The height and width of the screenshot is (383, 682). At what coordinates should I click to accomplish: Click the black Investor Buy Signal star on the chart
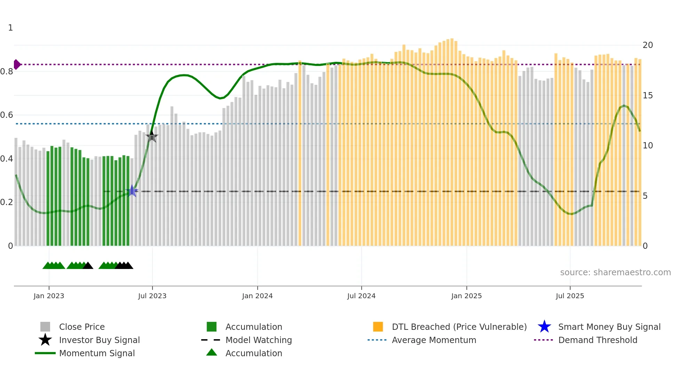pyautogui.click(x=152, y=136)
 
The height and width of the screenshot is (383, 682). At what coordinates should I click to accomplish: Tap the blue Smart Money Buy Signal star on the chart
pyautogui.click(x=132, y=191)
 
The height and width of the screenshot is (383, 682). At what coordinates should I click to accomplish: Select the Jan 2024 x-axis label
pyautogui.click(x=257, y=296)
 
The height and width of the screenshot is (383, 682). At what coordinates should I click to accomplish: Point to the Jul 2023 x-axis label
pyautogui.click(x=152, y=296)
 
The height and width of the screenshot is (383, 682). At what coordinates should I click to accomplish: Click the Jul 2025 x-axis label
pyautogui.click(x=570, y=296)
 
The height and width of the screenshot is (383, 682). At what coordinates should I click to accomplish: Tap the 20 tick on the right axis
pyautogui.click(x=648, y=45)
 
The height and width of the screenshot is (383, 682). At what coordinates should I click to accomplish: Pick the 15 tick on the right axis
pyautogui.click(x=648, y=96)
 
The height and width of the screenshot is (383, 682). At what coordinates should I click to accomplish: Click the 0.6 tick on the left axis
pyautogui.click(x=7, y=115)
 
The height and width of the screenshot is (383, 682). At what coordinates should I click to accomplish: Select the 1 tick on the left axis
pyautogui.click(x=10, y=28)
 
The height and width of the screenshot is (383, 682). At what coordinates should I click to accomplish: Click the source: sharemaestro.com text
pyautogui.click(x=615, y=272)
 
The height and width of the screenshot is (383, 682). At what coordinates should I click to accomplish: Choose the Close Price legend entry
pyautogui.click(x=82, y=327)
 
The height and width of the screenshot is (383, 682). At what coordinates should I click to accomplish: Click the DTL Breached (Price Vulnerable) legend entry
pyautogui.click(x=459, y=327)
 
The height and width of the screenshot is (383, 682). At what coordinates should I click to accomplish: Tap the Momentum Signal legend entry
pyautogui.click(x=97, y=353)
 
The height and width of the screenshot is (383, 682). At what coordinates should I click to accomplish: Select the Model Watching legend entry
pyautogui.click(x=259, y=340)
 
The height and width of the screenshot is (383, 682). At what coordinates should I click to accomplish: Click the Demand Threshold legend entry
pyautogui.click(x=597, y=340)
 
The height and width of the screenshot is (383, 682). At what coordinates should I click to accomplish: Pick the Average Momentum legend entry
pyautogui.click(x=434, y=340)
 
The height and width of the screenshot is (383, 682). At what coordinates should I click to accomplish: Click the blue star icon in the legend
pyautogui.click(x=544, y=327)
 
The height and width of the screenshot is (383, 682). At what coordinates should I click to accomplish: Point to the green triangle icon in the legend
pyautogui.click(x=212, y=353)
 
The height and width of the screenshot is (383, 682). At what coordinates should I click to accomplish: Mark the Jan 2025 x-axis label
pyautogui.click(x=466, y=296)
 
